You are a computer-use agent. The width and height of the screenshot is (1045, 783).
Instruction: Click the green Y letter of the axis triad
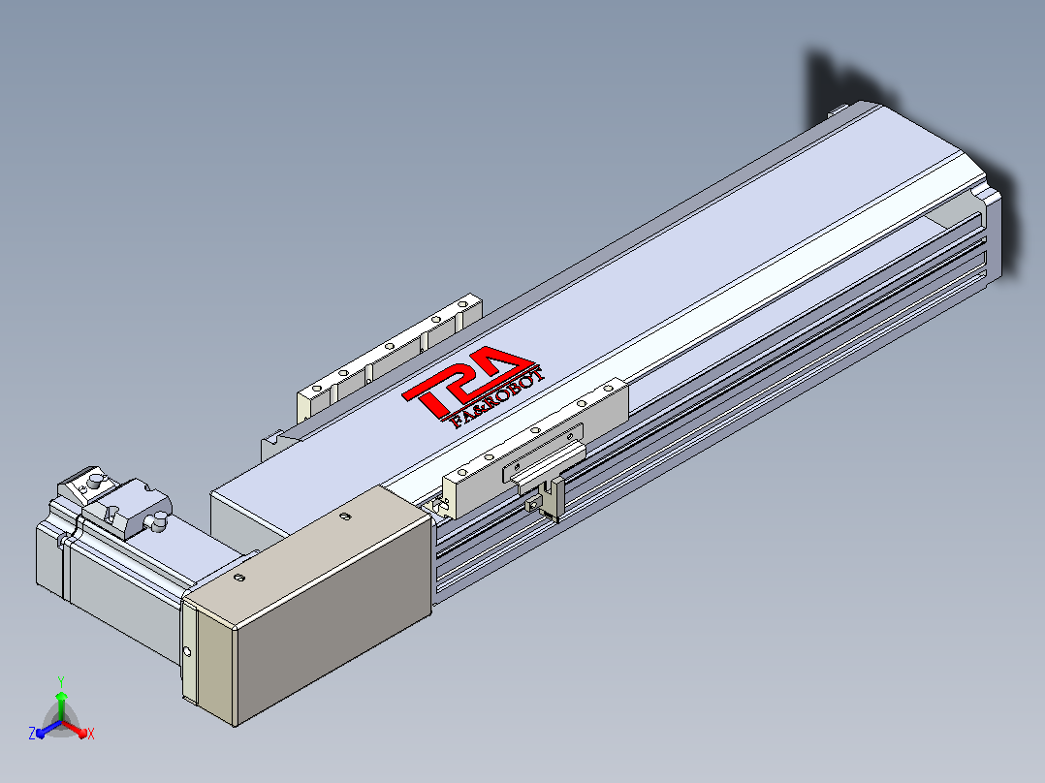click(x=61, y=681)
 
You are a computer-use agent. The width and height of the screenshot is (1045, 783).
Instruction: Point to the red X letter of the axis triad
click(x=91, y=734)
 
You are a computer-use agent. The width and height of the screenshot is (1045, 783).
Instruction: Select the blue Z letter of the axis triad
click(x=31, y=733)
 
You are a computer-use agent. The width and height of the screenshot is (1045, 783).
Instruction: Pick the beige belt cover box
click(x=308, y=604)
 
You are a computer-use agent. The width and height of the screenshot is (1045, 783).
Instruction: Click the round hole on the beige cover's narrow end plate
click(x=187, y=651)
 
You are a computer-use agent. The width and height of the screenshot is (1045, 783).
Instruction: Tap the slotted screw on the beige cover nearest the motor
click(x=240, y=578)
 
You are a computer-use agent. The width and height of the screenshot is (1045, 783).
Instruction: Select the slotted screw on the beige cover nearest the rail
click(x=344, y=516)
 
